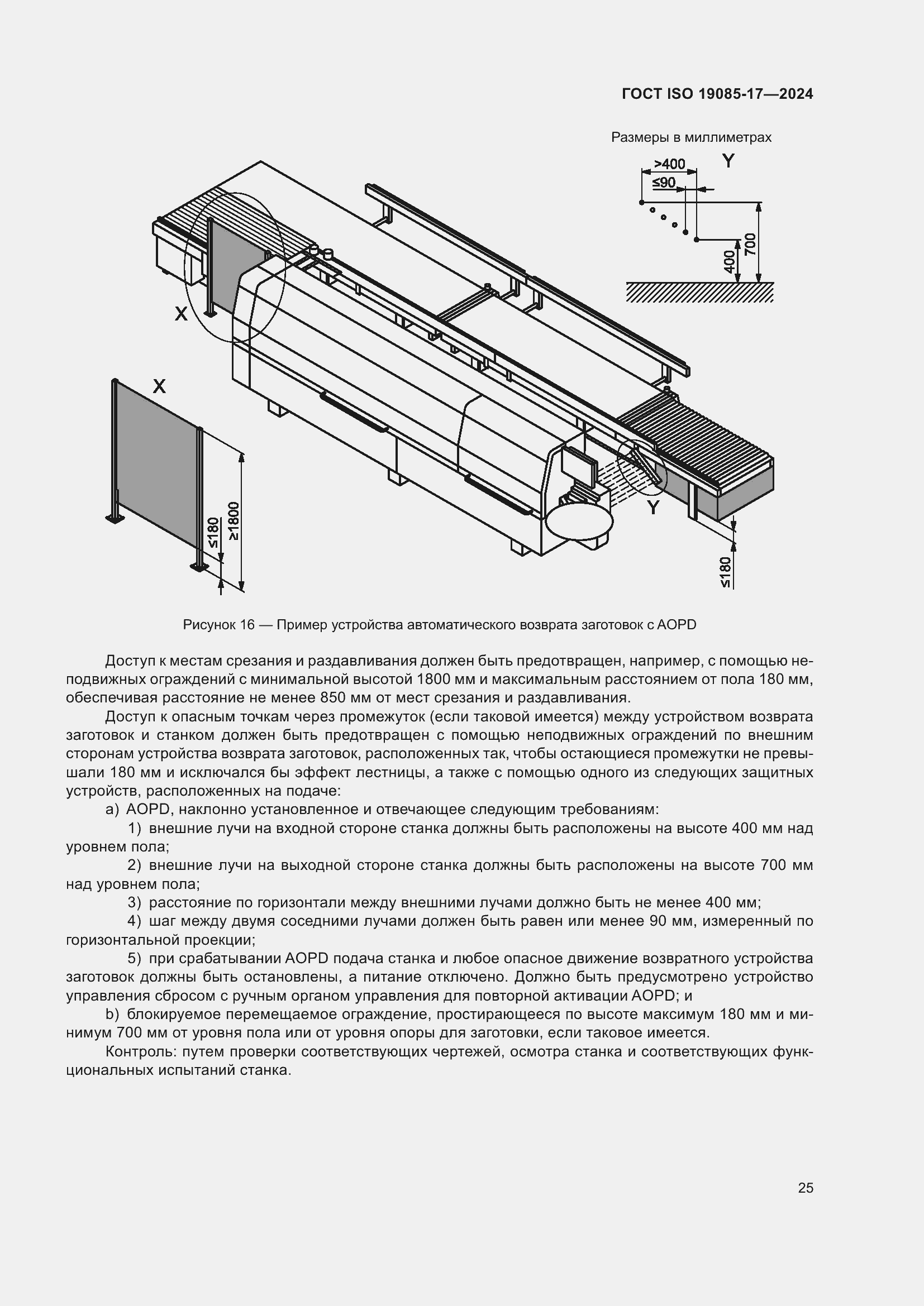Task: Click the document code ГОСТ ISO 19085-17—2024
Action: pos(717,94)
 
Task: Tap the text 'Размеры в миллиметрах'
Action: pos(690,137)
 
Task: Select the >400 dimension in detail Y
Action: pos(669,164)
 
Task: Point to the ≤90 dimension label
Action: pos(664,183)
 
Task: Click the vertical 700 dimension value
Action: pos(750,244)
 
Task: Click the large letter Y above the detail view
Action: pos(728,161)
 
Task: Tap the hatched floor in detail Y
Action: pos(699,293)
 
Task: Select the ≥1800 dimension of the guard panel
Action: pos(234,520)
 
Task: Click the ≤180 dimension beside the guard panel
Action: pos(213,533)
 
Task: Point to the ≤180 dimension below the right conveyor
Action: pos(725,572)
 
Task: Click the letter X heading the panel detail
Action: pos(159,387)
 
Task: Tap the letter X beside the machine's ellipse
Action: pos(180,313)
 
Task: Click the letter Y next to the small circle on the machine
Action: pos(653,507)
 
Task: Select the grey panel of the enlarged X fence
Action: pos(155,461)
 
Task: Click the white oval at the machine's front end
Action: pos(579,520)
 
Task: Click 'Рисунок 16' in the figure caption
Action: pos(218,625)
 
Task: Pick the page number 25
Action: pos(805,1188)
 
